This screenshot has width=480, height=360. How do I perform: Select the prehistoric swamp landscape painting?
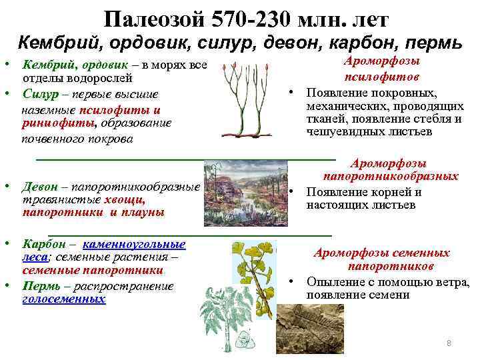pyautogui.click(x=247, y=193)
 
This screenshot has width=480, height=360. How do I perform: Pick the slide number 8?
pyautogui.click(x=449, y=343)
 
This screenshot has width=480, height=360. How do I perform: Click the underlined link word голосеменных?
pyautogui.click(x=64, y=300)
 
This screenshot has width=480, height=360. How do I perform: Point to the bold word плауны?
pyautogui.click(x=143, y=212)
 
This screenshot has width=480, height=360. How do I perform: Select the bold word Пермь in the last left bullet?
pyautogui.click(x=41, y=286)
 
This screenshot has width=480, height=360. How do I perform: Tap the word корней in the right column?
pyautogui.click(x=381, y=192)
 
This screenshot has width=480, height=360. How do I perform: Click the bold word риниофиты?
pyautogui.click(x=48, y=123)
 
